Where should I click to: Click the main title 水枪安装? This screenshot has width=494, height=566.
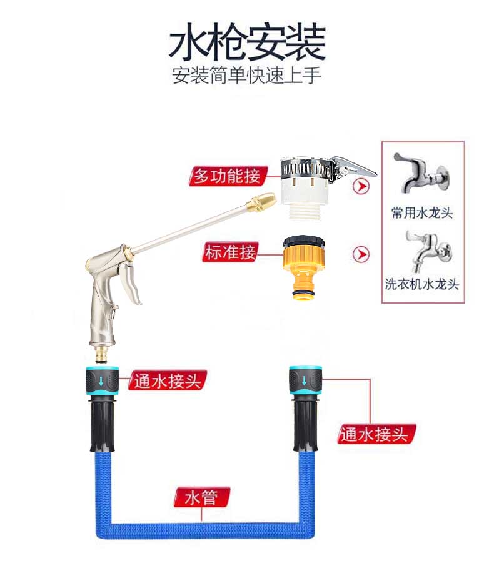(247, 42)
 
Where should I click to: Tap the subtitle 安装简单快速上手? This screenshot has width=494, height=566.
(246, 76)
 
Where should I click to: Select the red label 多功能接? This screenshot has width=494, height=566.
(228, 176)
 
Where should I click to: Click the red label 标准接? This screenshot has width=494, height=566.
(230, 252)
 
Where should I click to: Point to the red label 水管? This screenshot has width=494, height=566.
(201, 497)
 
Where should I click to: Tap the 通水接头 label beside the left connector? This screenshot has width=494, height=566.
(168, 380)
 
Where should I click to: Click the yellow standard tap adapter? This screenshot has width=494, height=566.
(304, 267)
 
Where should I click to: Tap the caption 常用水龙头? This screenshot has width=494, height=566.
(421, 212)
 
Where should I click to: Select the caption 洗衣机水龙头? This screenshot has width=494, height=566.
(421, 284)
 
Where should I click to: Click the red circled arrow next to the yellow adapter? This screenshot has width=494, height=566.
(361, 254)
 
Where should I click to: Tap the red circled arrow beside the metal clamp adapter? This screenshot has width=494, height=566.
(361, 186)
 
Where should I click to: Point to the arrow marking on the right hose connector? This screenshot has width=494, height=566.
(305, 380)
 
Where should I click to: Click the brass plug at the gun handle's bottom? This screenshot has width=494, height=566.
(103, 354)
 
